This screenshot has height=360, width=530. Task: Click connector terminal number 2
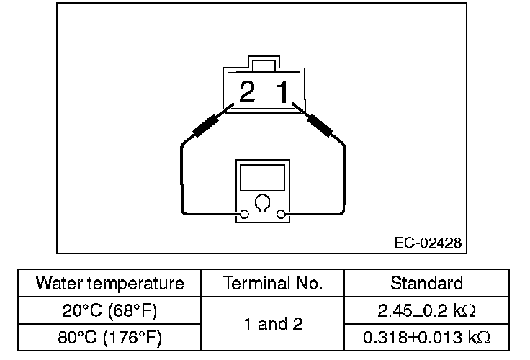(246, 91)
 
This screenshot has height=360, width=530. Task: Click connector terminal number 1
(282, 91)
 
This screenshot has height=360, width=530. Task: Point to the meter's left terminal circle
(245, 213)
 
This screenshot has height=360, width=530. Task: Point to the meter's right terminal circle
(282, 213)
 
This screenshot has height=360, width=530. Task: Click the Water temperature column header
(109, 283)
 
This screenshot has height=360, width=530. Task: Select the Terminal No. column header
(273, 283)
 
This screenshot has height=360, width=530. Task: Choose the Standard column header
(426, 283)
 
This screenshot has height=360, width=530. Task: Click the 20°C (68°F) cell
(109, 311)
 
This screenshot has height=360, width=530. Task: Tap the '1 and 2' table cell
(273, 325)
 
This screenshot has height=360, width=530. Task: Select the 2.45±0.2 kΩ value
(426, 311)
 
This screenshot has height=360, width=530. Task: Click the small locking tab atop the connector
(264, 66)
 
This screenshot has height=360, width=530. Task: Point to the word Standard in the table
(426, 283)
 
